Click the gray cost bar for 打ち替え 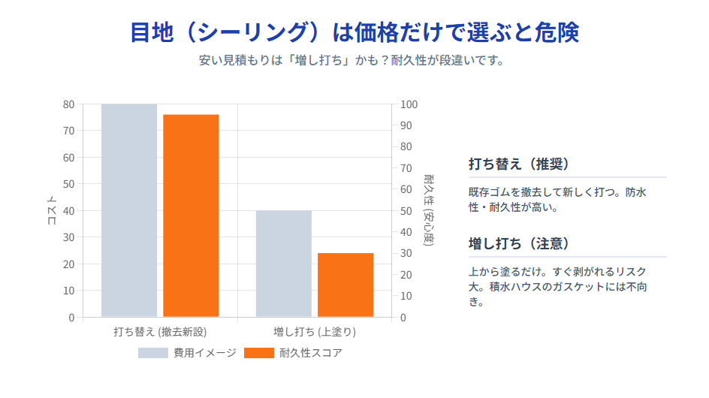[x=129, y=210]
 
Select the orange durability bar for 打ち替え [x=191, y=216]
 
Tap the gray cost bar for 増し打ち [x=283, y=264]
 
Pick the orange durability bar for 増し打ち [x=345, y=285]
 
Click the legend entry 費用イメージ [x=188, y=353]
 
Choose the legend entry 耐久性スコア [x=294, y=353]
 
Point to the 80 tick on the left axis [x=68, y=104]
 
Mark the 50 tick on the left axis [x=68, y=184]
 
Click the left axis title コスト [x=51, y=210]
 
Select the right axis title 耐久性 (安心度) [x=428, y=210]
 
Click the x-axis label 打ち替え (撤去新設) [x=160, y=331]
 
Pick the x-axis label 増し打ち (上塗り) [x=315, y=331]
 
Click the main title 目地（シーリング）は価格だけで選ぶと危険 [x=354, y=32]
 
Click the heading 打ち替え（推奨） [x=517, y=164]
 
